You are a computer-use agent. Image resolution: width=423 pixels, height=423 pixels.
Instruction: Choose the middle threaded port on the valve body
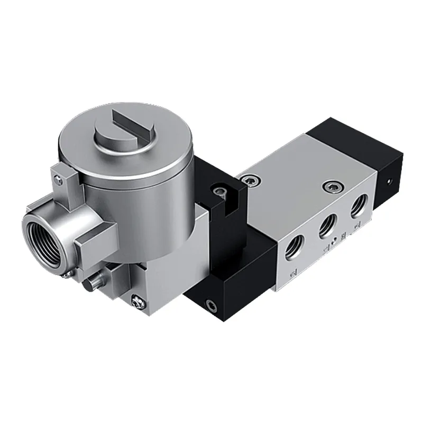328,225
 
